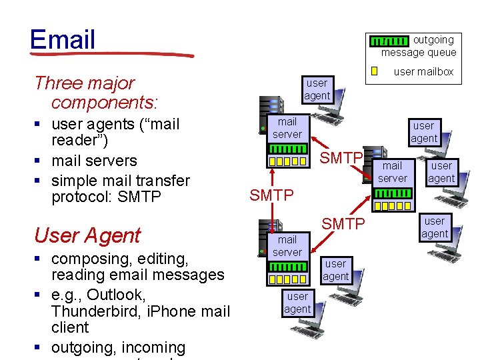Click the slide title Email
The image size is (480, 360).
click(63, 39)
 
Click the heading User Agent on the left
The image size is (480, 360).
click(87, 235)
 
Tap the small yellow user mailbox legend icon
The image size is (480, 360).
click(375, 71)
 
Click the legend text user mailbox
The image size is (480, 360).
click(423, 71)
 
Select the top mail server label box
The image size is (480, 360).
click(287, 128)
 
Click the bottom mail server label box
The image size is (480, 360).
click(287, 245)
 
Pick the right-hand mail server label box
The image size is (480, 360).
click(392, 172)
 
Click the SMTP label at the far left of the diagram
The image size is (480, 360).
click(271, 195)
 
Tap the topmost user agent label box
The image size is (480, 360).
click(317, 89)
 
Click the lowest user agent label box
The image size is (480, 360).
click(297, 303)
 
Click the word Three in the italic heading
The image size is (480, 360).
click(57, 83)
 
